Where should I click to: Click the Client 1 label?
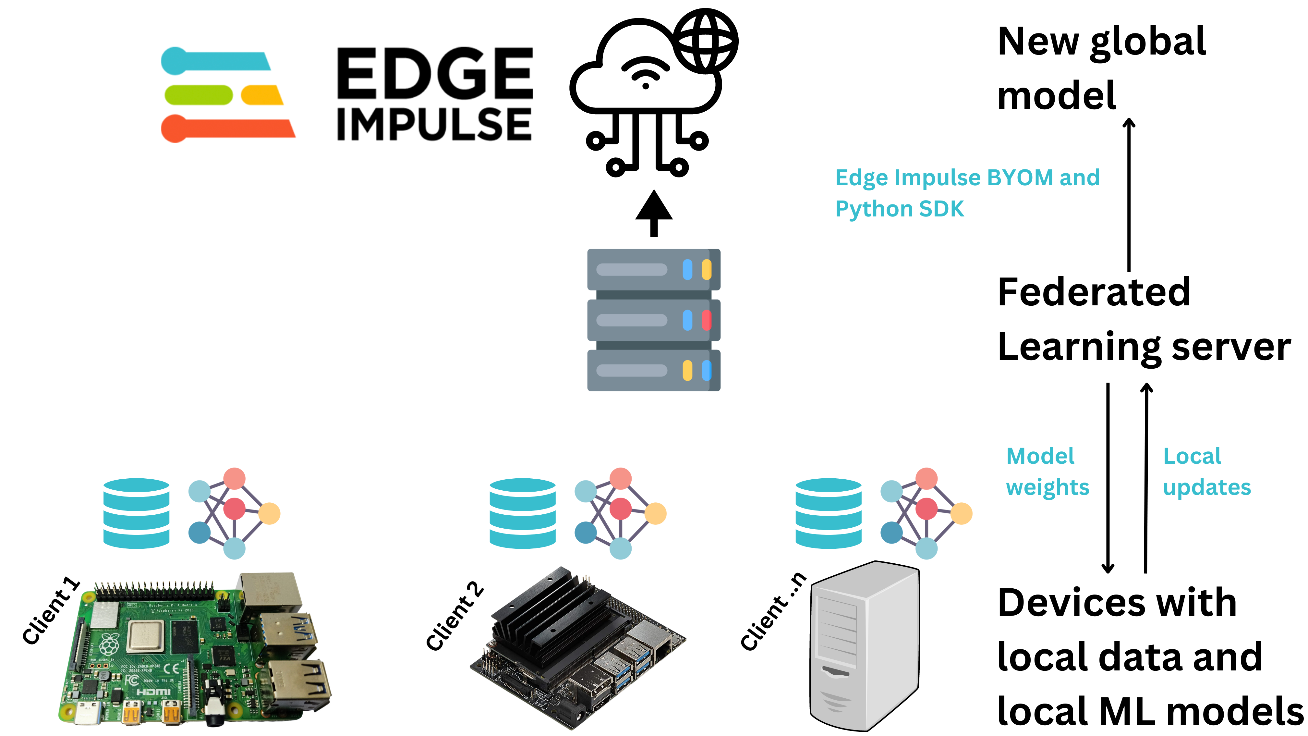[x=51, y=611]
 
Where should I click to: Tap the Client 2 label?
[x=454, y=616]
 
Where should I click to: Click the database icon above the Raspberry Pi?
[x=136, y=513]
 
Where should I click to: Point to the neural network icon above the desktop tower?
[x=926, y=513]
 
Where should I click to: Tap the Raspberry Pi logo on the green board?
[x=110, y=644]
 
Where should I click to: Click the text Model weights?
[x=1047, y=472]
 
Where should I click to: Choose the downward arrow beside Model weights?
[x=1108, y=477]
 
